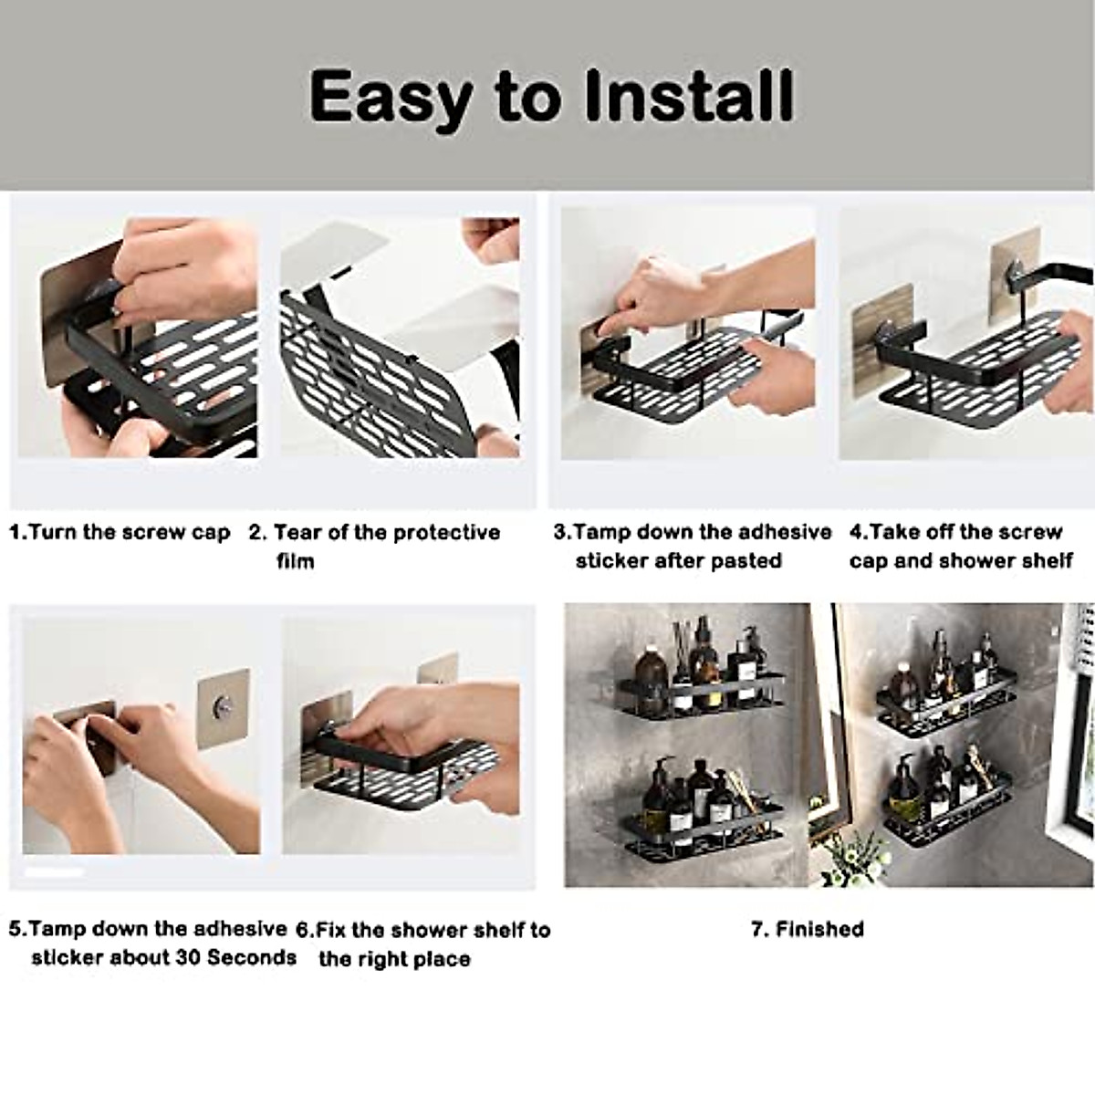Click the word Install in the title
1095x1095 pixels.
[x=673, y=96]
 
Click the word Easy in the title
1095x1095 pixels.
[x=391, y=96]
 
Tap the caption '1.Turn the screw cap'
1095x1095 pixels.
[x=120, y=532]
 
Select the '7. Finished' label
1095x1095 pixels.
[x=807, y=929]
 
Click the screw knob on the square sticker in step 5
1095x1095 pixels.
[x=223, y=705]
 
